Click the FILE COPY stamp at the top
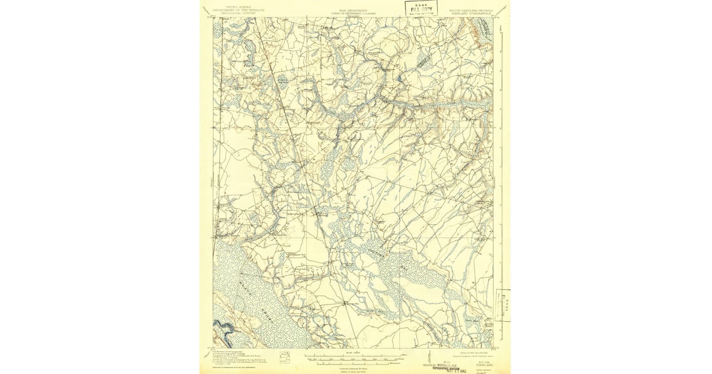421,8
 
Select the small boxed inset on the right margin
503,305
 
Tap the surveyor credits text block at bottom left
237,359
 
